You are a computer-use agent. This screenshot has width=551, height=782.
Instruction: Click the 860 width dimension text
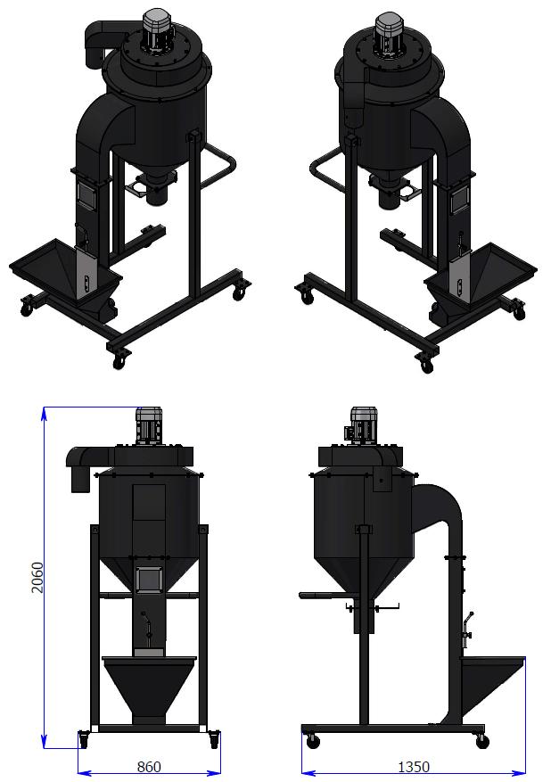(x=149, y=767)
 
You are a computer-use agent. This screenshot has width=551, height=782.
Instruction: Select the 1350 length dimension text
(x=414, y=767)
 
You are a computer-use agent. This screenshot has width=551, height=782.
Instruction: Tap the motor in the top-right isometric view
(x=390, y=34)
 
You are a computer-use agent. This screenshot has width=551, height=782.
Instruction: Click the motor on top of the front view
(x=150, y=425)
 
